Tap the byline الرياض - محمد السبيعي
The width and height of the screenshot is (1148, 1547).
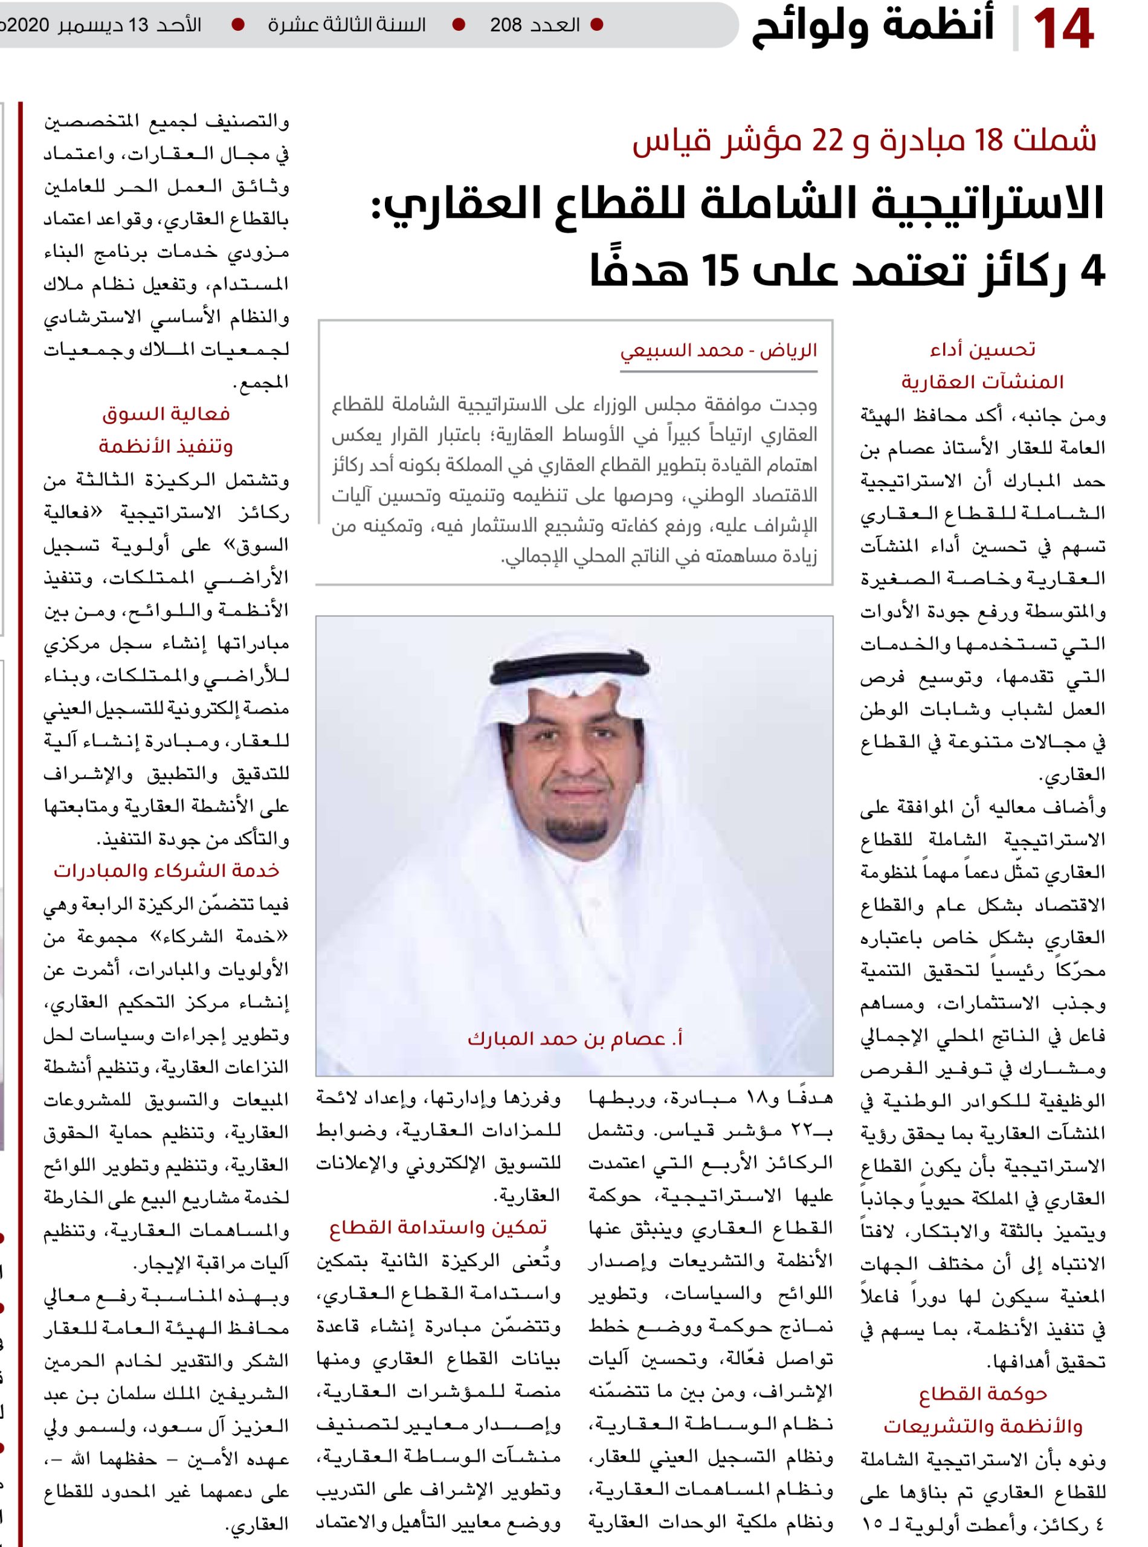[718, 350]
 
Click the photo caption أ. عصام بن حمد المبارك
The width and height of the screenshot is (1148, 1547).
[575, 1039]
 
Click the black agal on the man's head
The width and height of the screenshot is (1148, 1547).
[576, 669]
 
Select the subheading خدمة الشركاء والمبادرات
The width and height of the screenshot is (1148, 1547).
[167, 871]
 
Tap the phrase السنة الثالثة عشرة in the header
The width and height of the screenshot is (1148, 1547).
[347, 26]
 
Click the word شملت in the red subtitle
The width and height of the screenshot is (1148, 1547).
[1062, 141]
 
